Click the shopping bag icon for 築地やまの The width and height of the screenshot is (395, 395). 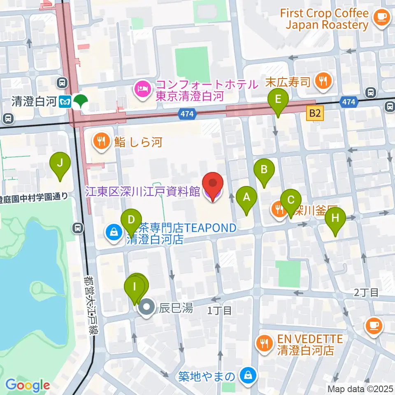point(249,375)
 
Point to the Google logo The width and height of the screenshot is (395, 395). point(28,385)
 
